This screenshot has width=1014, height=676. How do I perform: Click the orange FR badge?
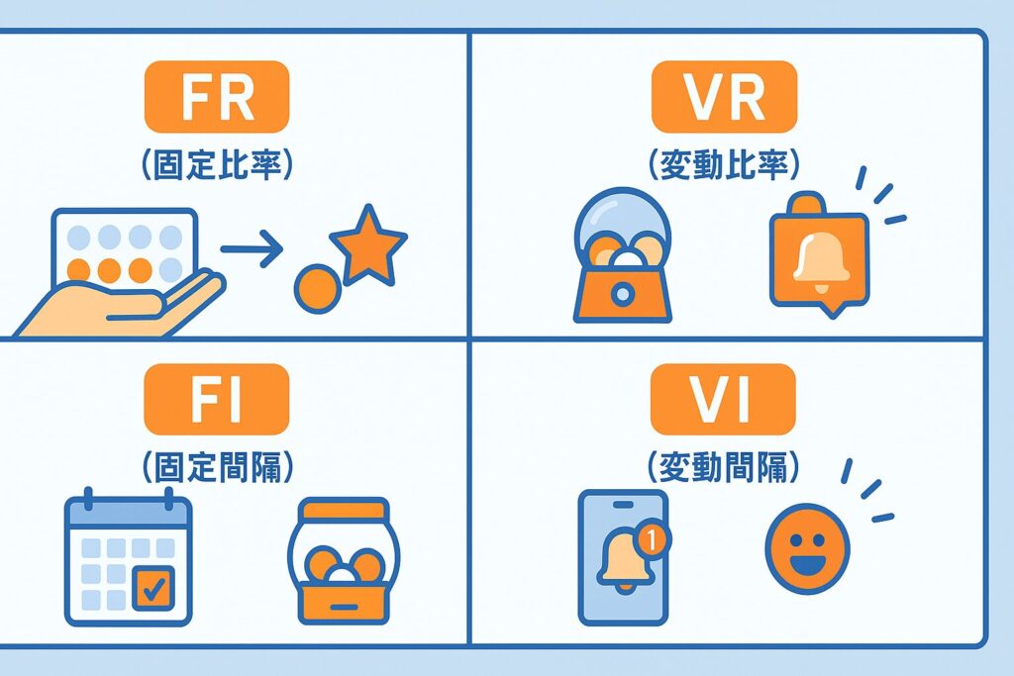(x=216, y=96)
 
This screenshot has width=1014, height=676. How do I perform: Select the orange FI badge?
(x=216, y=399)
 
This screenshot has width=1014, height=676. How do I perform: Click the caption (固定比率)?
(x=217, y=164)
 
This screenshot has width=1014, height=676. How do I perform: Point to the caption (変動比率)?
(x=723, y=164)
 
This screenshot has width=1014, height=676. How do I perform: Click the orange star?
(x=367, y=244)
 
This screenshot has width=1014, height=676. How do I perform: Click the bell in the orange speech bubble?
(x=818, y=259)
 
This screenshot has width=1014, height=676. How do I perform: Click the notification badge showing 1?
(x=650, y=540)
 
